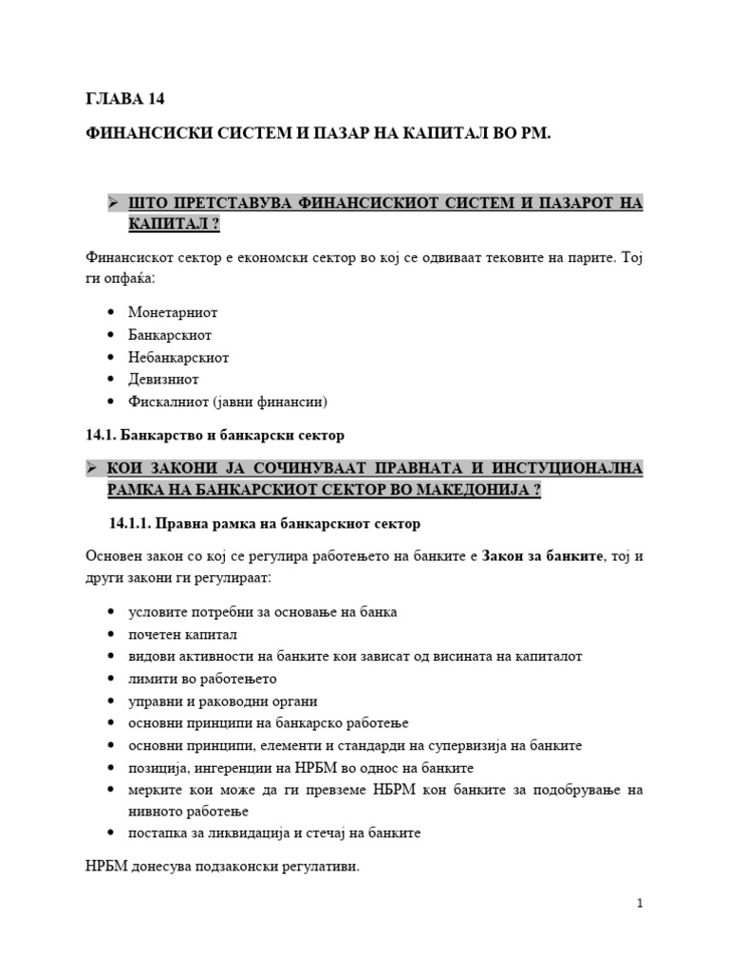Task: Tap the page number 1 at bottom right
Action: (641, 904)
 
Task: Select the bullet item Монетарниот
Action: (173, 311)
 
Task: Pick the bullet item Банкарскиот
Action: (170, 334)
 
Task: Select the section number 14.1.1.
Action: (129, 523)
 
